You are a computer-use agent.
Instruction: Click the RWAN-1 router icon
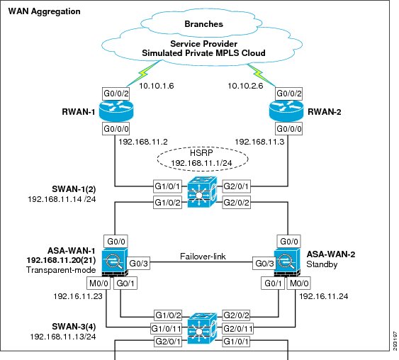(x=116, y=111)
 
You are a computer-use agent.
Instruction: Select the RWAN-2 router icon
(x=286, y=111)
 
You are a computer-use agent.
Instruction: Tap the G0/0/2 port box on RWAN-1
(x=116, y=94)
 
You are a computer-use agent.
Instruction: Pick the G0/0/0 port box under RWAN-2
(x=289, y=129)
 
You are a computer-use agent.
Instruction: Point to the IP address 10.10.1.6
(x=156, y=86)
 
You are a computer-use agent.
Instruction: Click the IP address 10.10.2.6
(x=245, y=86)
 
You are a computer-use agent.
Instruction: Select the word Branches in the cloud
(x=203, y=24)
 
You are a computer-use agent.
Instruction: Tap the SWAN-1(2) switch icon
(x=202, y=192)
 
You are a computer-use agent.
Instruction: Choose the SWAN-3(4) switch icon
(x=202, y=329)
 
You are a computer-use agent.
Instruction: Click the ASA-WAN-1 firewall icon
(x=115, y=262)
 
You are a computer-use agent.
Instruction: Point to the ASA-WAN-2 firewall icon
(x=287, y=262)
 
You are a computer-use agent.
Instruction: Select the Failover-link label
(x=203, y=257)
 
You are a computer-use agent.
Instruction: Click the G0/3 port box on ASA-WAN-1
(x=138, y=264)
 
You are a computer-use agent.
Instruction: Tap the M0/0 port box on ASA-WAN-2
(x=299, y=283)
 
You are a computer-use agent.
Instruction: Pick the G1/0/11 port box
(x=166, y=329)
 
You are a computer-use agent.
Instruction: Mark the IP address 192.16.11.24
(x=323, y=296)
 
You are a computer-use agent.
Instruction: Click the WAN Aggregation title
(x=44, y=11)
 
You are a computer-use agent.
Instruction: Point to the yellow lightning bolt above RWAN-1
(x=144, y=72)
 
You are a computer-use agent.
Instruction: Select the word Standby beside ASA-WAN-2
(x=322, y=264)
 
